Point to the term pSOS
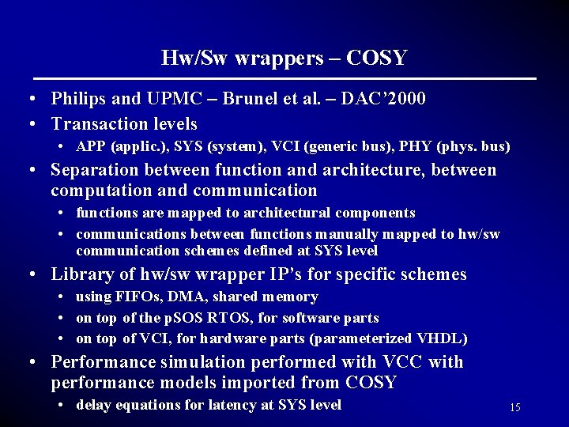tap(181, 318)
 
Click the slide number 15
tap(514, 407)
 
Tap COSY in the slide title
tap(377, 58)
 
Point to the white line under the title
tap(284, 79)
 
